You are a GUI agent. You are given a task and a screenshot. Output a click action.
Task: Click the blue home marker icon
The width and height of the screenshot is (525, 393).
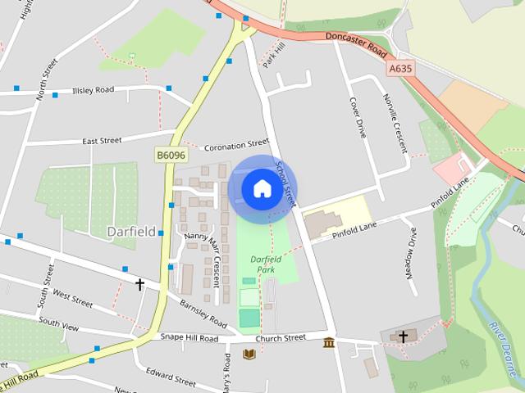point(261,189)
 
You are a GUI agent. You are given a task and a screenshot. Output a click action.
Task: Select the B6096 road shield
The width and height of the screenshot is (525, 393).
point(171,154)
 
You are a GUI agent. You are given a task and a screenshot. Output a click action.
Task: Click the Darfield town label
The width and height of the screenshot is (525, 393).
point(131,232)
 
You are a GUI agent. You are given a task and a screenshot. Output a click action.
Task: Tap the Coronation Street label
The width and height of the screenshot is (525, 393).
point(236,144)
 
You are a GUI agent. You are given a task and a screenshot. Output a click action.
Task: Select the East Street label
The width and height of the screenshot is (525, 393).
point(102,141)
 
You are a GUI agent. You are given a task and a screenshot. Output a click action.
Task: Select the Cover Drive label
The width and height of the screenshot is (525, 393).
point(358,118)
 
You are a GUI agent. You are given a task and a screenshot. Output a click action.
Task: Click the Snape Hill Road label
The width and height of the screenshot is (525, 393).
point(189,338)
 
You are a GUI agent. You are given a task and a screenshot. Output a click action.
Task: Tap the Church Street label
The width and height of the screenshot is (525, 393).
point(280,337)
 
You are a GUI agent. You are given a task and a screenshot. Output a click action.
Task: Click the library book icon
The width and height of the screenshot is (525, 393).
point(249,354)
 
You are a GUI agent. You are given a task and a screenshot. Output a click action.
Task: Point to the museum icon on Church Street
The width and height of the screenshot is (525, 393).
point(329,341)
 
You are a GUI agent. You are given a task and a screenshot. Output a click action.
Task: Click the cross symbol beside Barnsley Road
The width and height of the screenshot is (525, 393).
point(140,285)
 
